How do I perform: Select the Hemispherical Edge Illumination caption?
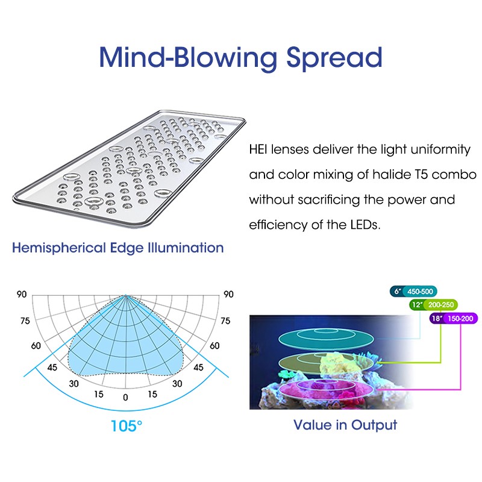118,248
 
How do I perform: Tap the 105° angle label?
127,426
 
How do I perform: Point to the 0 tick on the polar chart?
125,397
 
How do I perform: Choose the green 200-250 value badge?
440,305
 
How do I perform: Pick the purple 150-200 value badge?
460,319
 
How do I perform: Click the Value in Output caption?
345,425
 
